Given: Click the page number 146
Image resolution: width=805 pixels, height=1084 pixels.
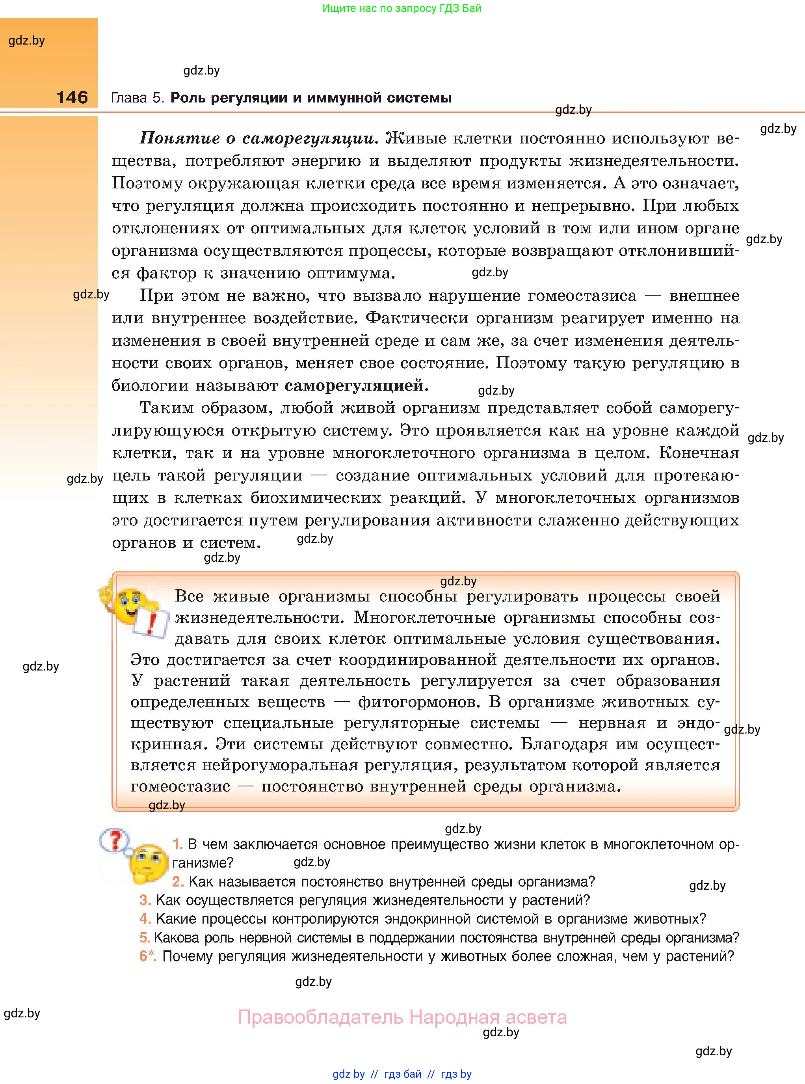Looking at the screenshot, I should point(72,97).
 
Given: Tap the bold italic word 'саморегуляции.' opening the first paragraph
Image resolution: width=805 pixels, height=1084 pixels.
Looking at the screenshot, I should point(310,139).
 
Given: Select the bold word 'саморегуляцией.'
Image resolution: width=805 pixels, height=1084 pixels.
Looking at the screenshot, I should point(356,386).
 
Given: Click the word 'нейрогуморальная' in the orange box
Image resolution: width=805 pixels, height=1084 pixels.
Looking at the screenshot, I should point(280,765).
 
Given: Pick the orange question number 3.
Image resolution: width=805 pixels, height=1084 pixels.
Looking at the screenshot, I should point(145,900).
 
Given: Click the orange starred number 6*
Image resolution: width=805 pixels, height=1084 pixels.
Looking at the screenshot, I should point(147,956).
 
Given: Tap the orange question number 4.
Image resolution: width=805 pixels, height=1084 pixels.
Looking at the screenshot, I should point(145,919).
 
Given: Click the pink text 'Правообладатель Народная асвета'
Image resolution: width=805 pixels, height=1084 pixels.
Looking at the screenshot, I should point(402,1017).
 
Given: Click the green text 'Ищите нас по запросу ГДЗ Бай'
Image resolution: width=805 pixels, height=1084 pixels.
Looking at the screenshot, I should point(402,8).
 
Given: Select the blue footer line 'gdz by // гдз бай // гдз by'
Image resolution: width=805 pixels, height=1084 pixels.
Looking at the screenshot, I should point(402,1074).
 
